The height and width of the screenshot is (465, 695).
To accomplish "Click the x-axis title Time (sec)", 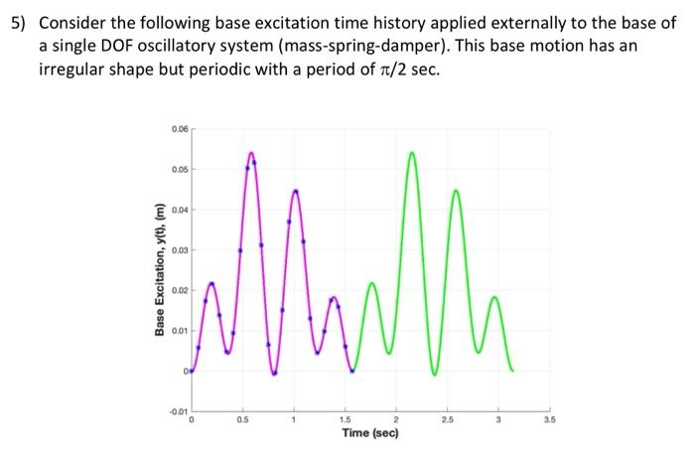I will [369, 433].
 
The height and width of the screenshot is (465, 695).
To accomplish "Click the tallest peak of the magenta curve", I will [251, 153].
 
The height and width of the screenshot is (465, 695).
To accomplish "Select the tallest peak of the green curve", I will [411, 153].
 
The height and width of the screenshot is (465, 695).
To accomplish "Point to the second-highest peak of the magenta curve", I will [295, 189].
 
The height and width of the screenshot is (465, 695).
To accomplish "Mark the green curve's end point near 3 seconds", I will [512, 371].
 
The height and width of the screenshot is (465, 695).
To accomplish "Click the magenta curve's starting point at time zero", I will [192, 371].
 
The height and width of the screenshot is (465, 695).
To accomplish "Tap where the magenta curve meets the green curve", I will [352, 371].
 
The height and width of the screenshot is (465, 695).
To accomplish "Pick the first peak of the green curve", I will [371, 283].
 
